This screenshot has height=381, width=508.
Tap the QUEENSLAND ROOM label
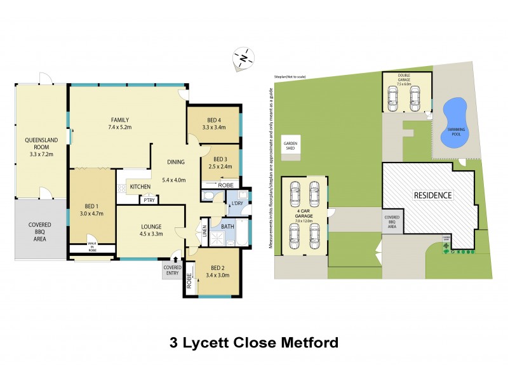37,144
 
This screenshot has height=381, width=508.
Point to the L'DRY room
237,203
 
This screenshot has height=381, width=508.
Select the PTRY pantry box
149,201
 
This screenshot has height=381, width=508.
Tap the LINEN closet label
204,231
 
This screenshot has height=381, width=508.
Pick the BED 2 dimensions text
218,275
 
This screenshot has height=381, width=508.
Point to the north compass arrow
243,58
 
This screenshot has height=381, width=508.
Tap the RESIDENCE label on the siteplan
433,195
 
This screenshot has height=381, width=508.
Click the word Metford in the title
306,344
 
